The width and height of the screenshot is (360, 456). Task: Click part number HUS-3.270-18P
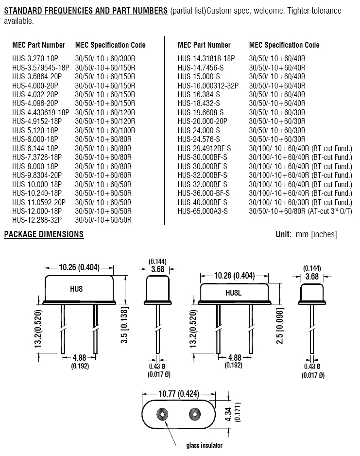click(35, 58)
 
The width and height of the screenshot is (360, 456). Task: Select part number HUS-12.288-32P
click(37, 220)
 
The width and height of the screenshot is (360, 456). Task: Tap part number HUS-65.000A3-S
click(203, 211)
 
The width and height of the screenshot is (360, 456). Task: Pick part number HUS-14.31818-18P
click(206, 58)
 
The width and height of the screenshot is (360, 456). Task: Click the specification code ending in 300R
click(105, 58)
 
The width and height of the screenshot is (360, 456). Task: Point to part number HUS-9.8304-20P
click(37, 175)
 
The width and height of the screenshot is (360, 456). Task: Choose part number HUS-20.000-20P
click(203, 121)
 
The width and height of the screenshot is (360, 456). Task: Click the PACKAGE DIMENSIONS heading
click(44, 234)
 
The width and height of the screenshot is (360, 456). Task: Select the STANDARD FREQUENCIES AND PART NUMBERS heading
click(86, 11)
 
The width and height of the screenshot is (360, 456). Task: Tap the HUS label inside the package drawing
click(76, 289)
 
